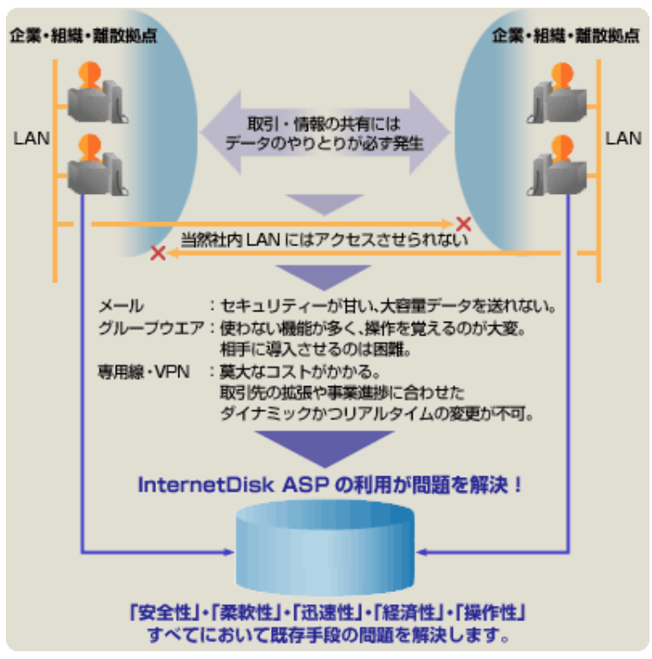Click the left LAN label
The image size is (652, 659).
tap(32, 137)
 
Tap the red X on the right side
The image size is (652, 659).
tap(463, 224)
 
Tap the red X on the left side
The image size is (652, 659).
tap(158, 253)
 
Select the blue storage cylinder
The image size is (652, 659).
tap(324, 549)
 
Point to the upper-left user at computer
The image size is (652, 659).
tap(96, 91)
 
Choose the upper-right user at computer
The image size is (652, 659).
tap(558, 91)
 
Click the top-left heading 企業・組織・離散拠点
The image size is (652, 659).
tap(83, 35)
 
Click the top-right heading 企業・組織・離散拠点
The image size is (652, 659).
tap(566, 35)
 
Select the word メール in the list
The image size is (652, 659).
tap(121, 306)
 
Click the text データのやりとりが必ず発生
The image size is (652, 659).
tap(325, 142)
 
